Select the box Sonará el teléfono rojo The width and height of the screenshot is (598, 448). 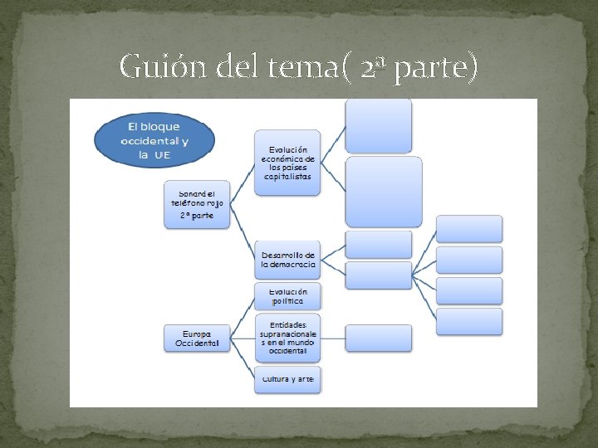pyautogui.click(x=197, y=202)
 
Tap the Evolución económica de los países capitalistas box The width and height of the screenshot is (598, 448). pyautogui.click(x=287, y=162)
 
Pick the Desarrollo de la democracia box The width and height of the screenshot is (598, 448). pyautogui.click(x=287, y=260)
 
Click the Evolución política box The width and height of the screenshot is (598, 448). pyautogui.click(x=287, y=296)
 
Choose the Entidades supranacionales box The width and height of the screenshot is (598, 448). pyautogui.click(x=287, y=338)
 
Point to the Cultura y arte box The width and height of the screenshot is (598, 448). pyautogui.click(x=287, y=379)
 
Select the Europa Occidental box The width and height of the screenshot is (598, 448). pyautogui.click(x=197, y=338)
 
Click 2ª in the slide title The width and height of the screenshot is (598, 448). pyautogui.click(x=373, y=67)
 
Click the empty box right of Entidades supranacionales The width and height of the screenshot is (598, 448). pyautogui.click(x=378, y=338)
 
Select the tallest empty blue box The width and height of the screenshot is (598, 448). pyautogui.click(x=383, y=192)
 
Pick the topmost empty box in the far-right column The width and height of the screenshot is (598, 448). pyautogui.click(x=469, y=229)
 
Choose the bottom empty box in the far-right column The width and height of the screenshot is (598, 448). pyautogui.click(x=469, y=321)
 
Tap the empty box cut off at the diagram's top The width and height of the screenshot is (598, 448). pyautogui.click(x=378, y=125)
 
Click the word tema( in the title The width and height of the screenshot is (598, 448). pyautogui.click(x=306, y=66)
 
